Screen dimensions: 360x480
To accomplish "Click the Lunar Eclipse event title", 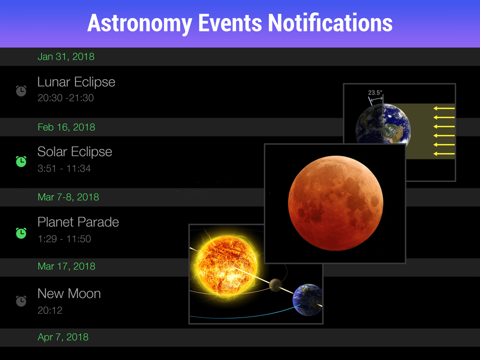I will coord(76,82).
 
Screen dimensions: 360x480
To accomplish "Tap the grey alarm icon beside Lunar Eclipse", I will coord(21,90).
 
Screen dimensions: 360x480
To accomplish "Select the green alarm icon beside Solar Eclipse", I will coord(21,161).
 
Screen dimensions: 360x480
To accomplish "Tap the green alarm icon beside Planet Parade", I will coord(21,232).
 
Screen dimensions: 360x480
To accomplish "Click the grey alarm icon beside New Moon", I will coord(21,300).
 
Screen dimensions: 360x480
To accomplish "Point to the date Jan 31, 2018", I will coord(66,57).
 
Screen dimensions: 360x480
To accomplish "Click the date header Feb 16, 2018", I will coord(66,127).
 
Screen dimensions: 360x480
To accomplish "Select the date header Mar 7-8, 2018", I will coord(68,197).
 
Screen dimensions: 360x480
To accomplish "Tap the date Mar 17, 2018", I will coord(66,266).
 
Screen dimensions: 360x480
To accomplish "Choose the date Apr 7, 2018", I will coord(63,337).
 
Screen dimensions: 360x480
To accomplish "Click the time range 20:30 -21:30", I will coord(66,98).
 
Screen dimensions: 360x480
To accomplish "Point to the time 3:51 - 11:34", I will coord(64,168).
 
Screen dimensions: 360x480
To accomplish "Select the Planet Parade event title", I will coord(78,222).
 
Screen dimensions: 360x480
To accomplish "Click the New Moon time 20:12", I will coord(50,310).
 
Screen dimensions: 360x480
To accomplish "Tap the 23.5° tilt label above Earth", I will coord(375,93).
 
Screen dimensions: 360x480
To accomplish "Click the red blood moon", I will coord(335,203).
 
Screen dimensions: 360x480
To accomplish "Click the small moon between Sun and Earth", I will coord(276,285).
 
